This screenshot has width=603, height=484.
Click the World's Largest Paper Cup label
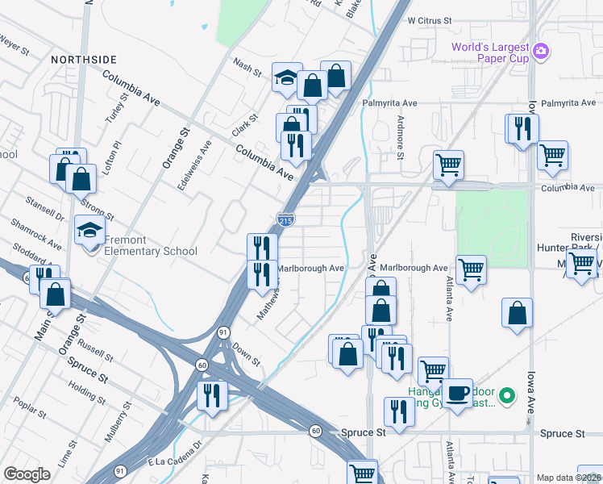click(x=489, y=53)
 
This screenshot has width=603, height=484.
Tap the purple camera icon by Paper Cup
click(x=541, y=52)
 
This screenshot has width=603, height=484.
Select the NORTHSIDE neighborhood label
click(x=84, y=60)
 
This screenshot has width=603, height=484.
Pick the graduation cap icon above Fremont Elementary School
click(x=89, y=231)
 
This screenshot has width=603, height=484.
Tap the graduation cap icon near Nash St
click(x=286, y=77)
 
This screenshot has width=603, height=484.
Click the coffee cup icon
click(x=457, y=393)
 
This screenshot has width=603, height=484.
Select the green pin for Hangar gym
click(x=507, y=395)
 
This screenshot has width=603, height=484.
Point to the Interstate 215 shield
click(x=285, y=219)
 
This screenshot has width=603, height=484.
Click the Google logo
click(x=27, y=474)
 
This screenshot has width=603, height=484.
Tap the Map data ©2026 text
click(x=568, y=478)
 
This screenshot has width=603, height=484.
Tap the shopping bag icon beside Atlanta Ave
click(x=517, y=313)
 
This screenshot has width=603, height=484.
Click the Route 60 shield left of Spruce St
click(x=316, y=431)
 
